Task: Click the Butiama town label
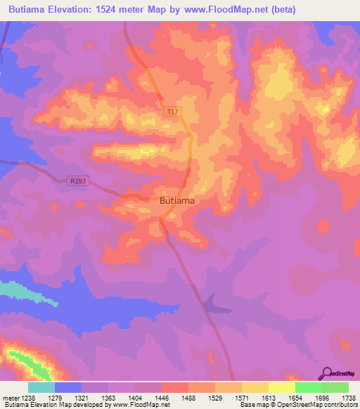177,200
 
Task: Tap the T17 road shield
172,112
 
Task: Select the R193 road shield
79,181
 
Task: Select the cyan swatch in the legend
41,387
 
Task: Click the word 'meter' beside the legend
11,398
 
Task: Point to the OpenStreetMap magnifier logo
327,373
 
